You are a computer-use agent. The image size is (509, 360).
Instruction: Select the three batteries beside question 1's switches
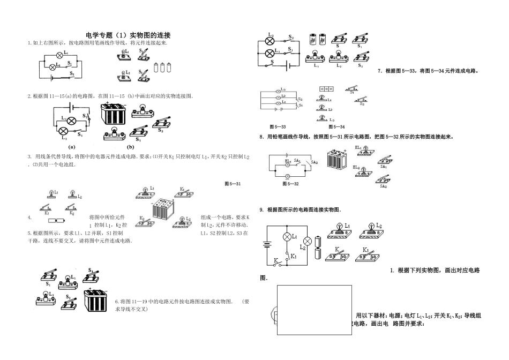pyautogui.click(x=163, y=67)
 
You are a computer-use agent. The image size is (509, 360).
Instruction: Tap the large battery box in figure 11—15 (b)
pyautogui.click(x=115, y=115)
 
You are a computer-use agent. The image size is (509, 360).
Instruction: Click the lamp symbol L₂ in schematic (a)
pyautogui.click(x=62, y=131)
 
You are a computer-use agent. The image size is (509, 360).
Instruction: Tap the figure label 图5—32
pyautogui.click(x=290, y=183)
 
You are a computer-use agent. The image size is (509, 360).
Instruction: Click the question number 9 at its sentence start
pyautogui.click(x=261, y=209)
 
